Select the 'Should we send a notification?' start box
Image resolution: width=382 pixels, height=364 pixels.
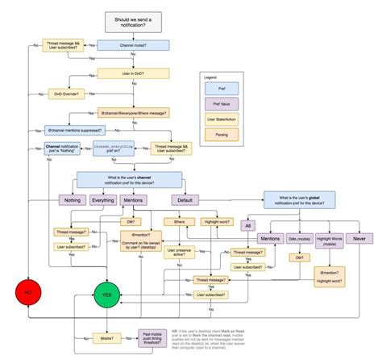click(x=133, y=19)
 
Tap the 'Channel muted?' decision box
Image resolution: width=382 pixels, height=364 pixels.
click(x=133, y=47)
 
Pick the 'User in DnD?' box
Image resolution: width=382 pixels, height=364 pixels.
click(x=133, y=73)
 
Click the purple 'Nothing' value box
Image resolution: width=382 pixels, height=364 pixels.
click(x=72, y=199)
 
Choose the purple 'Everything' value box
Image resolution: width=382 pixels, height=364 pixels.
click(x=103, y=199)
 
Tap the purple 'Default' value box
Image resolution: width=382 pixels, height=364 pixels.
click(x=185, y=199)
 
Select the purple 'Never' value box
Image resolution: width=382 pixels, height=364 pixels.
click(x=359, y=239)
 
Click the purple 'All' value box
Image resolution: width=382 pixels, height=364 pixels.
click(x=248, y=225)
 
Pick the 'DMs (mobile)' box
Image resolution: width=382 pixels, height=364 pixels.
click(x=299, y=239)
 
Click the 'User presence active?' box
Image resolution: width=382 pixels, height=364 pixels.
click(x=185, y=254)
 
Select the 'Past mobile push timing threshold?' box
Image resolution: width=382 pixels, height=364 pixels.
click(x=152, y=339)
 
